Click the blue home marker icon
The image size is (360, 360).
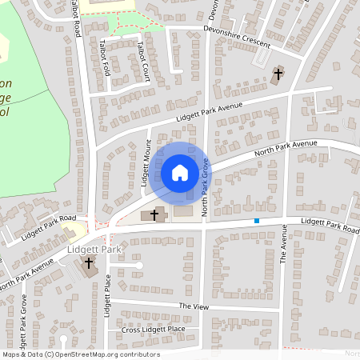[180, 173]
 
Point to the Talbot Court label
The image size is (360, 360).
[143, 62]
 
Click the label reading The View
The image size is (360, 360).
[194, 306]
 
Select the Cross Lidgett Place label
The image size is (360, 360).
[154, 330]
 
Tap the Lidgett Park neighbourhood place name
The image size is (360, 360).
[94, 250]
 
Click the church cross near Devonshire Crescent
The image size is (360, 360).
[278, 75]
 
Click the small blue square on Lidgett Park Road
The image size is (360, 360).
[257, 221]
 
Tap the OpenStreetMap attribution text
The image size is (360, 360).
[80, 354]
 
